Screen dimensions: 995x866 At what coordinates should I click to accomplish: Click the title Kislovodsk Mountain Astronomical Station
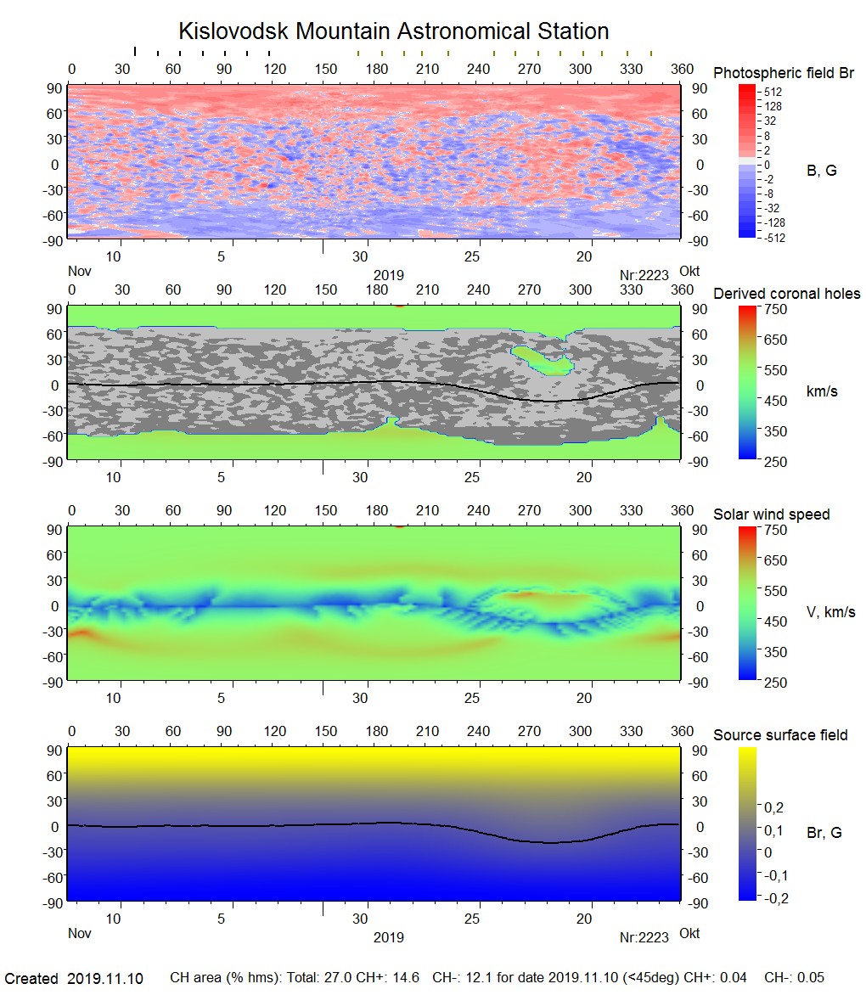[393, 32]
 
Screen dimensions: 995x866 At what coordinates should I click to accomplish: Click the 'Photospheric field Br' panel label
[784, 73]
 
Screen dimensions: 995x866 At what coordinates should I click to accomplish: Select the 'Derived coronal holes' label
[786, 294]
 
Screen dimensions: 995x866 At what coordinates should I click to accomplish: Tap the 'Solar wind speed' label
[771, 514]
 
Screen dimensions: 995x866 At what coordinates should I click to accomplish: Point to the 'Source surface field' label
[780, 735]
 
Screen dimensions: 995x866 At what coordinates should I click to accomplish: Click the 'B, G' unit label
[821, 171]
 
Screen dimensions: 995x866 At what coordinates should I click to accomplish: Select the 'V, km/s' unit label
[830, 612]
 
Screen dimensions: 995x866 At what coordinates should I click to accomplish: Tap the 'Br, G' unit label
[824, 833]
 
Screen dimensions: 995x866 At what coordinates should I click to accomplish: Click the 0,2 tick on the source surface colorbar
[774, 807]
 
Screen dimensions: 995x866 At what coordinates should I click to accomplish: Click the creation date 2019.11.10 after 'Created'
[105, 979]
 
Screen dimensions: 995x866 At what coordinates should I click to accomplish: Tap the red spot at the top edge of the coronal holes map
[399, 306]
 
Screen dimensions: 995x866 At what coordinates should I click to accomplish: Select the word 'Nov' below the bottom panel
[79, 934]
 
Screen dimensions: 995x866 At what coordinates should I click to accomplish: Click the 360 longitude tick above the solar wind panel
[682, 511]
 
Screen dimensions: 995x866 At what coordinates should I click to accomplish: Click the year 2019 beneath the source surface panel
[388, 938]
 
